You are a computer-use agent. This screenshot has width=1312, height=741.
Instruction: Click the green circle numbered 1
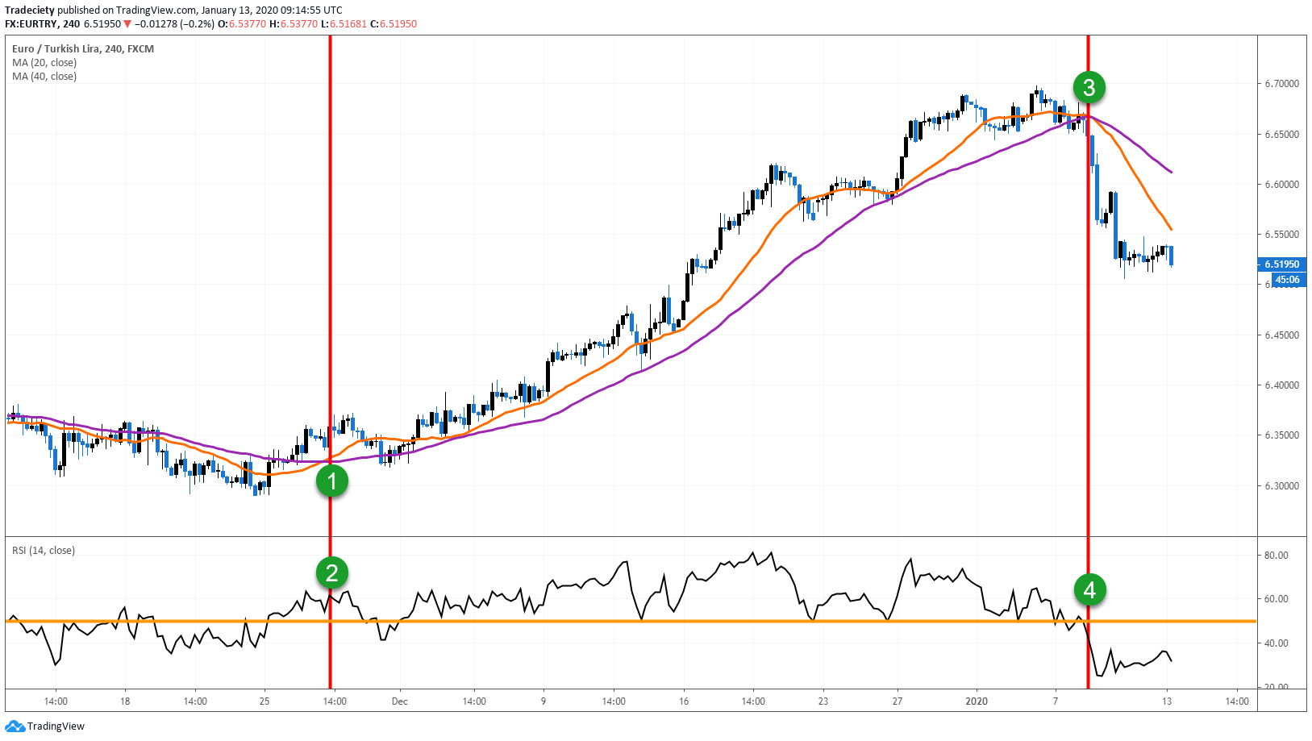[331, 481]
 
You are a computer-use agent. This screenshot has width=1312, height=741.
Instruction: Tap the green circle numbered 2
[331, 572]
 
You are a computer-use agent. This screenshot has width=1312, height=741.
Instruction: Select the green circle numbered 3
[1089, 87]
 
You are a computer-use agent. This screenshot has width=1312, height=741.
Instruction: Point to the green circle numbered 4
[1089, 590]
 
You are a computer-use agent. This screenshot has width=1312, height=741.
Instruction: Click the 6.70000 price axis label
[1281, 84]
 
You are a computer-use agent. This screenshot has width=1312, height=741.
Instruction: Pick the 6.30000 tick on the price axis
[1281, 486]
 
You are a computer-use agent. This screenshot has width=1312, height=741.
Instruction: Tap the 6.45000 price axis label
[1281, 335]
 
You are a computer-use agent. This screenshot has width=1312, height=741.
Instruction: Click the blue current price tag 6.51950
[1281, 264]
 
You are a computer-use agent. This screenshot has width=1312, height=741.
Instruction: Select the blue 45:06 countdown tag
[1287, 280]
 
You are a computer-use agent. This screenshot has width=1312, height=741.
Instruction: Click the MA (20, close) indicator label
[44, 63]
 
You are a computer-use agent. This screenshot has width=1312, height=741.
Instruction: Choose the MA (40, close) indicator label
[44, 77]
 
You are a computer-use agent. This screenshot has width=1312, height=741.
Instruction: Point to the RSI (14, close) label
[44, 551]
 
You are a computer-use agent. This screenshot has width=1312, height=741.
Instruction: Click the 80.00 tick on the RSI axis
[1276, 556]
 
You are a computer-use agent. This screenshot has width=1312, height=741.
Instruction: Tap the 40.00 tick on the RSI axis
[1276, 643]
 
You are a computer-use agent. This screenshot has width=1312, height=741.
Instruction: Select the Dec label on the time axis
[400, 701]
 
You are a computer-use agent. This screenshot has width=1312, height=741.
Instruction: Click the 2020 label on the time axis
[977, 701]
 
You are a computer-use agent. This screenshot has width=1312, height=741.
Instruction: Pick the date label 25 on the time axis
[264, 701]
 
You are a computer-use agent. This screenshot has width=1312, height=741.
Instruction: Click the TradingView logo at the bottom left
[45, 726]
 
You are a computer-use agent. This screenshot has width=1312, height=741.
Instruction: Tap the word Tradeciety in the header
[29, 10]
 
